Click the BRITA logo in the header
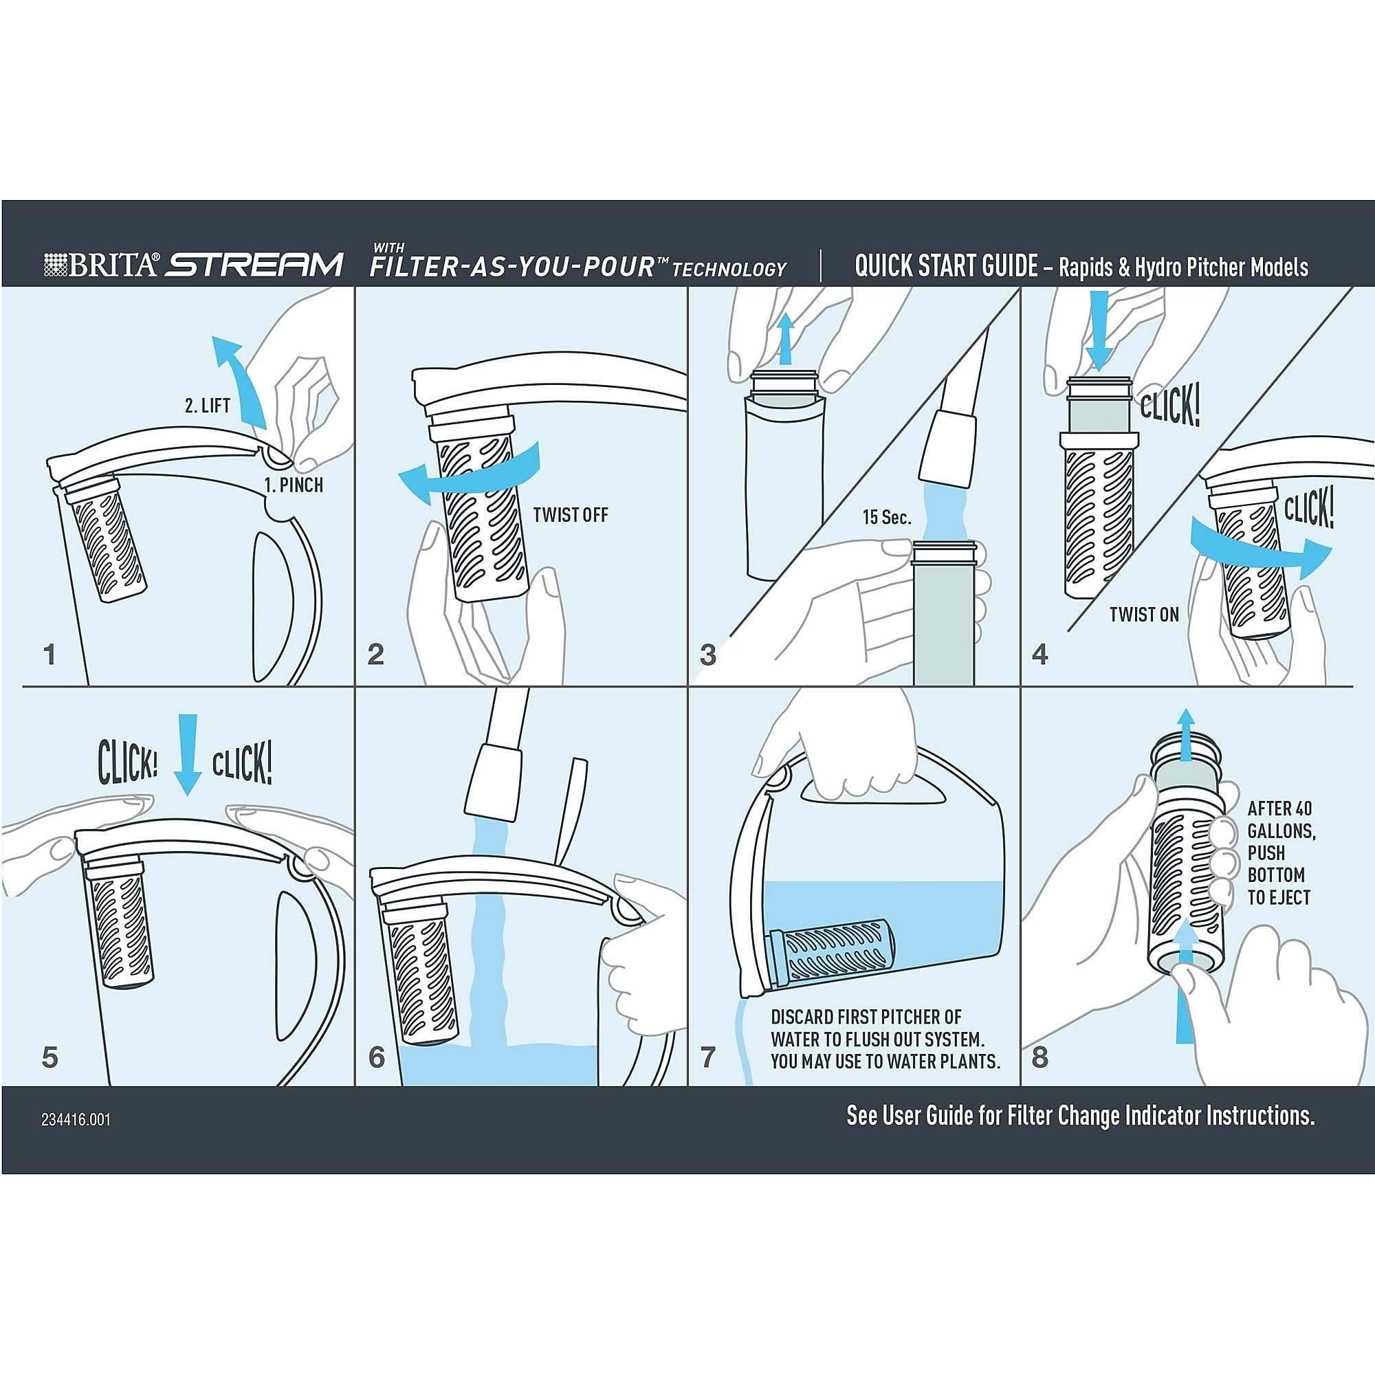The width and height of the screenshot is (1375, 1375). point(101,265)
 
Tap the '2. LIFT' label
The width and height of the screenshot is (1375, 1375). point(208,406)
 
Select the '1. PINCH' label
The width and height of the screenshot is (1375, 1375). point(294,485)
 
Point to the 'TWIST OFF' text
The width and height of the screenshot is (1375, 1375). point(571,514)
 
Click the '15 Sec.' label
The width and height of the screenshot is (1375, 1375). point(887,518)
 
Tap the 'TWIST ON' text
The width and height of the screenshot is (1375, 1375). point(1145,614)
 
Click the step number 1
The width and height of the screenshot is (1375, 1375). point(49,654)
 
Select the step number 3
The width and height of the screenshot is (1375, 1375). point(707,654)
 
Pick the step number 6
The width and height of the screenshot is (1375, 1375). point(377,1057)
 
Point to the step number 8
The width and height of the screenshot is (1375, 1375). point(1039,1057)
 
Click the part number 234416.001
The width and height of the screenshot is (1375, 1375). point(76,1119)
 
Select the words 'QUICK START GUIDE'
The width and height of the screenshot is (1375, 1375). point(946,266)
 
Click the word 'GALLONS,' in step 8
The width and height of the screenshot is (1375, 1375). point(1281,830)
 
